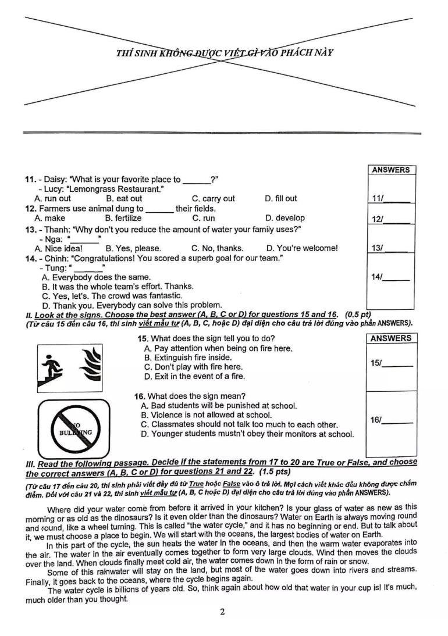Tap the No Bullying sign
(74, 428)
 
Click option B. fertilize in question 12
(123, 218)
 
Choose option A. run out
(53, 198)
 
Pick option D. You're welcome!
(301, 248)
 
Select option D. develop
(285, 218)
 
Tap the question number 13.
(31, 228)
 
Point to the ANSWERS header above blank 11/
(391, 170)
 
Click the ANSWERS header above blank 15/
(391, 338)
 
